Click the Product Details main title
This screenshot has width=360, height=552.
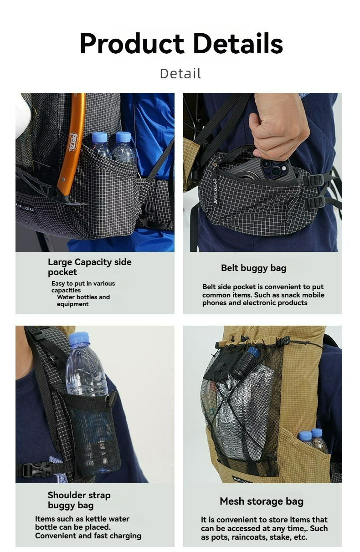[x=181, y=44]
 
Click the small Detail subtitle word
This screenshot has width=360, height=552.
[x=180, y=73]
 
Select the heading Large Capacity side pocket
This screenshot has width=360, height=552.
[x=89, y=267]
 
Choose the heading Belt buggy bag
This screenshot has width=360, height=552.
[x=253, y=268]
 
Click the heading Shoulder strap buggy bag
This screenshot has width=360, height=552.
[x=79, y=500]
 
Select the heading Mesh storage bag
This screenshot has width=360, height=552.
[x=261, y=501]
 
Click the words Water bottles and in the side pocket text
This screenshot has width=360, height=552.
[x=83, y=297]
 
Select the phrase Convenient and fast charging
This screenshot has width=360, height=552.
[x=88, y=536]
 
